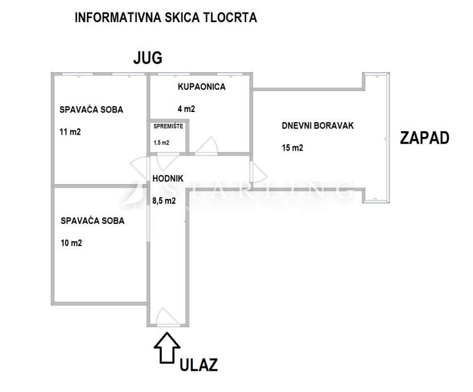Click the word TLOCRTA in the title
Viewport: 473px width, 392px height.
tap(230, 18)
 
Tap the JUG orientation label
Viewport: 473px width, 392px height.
tap(148, 58)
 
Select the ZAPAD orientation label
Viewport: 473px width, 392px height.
tap(424, 138)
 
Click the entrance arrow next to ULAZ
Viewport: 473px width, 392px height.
tap(167, 348)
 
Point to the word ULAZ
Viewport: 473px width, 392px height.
tap(199, 365)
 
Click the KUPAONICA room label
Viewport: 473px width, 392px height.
tap(201, 87)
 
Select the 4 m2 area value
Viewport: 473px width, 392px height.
tap(186, 109)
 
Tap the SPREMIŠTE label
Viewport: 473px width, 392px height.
tap(168, 126)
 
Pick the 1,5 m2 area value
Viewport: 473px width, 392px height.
tap(162, 143)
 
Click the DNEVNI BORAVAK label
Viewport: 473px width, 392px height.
tap(318, 126)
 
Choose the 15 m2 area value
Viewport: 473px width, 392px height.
tap(292, 148)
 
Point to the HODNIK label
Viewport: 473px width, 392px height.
tap(168, 178)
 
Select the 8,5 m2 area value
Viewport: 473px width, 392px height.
tap(164, 201)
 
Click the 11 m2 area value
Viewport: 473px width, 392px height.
tap(70, 132)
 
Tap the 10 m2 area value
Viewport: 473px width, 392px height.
tap(71, 243)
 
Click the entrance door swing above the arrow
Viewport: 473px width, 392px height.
tap(168, 318)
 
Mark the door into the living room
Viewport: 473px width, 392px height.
tap(258, 172)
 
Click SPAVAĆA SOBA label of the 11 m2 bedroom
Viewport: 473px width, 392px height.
tap(91, 110)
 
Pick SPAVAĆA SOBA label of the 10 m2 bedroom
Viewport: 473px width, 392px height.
tap(92, 220)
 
